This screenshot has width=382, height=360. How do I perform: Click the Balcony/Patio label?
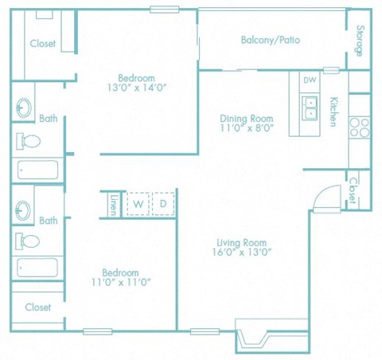pos(271,40)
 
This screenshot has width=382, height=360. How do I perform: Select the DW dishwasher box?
pos(310,81)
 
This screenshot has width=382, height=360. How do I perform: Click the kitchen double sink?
pos(310,106)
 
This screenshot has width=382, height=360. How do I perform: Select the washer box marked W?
pos(138,204)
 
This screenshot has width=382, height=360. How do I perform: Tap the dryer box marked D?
pos(163,204)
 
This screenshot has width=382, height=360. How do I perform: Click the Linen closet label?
pos(114,205)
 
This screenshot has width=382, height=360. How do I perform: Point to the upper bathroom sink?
pos(23,108)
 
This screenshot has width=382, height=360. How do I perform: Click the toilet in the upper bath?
pos(29,142)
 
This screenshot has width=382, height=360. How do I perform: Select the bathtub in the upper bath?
pos(37,170)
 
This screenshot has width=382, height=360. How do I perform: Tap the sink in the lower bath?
pos(23,208)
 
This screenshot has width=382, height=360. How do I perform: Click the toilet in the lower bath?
pos(29,241)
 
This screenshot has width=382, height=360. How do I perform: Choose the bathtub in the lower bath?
pos(37,268)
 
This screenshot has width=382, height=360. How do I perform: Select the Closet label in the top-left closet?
pos(43,44)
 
